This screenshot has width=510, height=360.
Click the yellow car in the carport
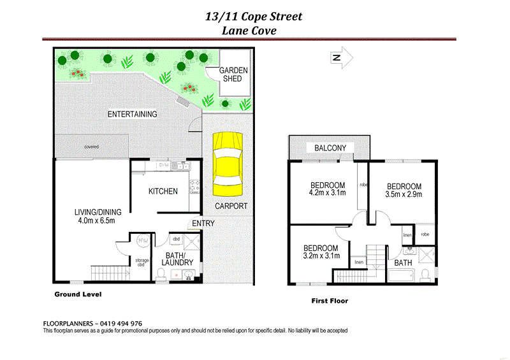[x=229, y=164]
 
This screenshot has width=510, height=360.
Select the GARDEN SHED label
[x=234, y=75]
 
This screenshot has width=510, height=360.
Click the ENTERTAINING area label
[x=132, y=114]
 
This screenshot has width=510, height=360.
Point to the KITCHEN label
[x=163, y=191]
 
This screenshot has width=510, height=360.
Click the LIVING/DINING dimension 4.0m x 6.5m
[x=92, y=222]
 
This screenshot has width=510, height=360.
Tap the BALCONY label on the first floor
[x=330, y=148]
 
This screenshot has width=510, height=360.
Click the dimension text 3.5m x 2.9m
[x=404, y=195]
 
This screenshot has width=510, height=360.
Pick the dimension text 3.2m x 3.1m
[x=320, y=256]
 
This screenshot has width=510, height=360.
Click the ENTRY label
[x=203, y=223]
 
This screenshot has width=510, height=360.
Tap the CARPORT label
[x=231, y=206]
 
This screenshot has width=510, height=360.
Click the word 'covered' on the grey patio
[x=91, y=147]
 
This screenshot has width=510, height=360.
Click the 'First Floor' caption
[x=329, y=301]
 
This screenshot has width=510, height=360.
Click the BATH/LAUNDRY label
[x=177, y=258]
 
